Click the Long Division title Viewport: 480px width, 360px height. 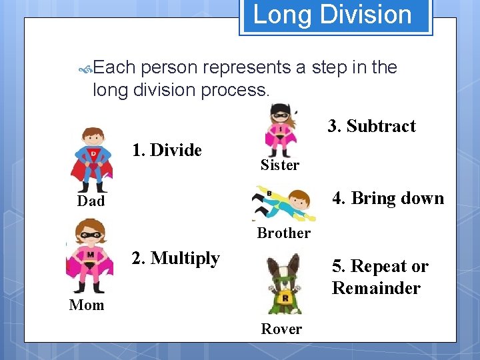pos(333,15)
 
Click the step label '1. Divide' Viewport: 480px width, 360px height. pos(167,150)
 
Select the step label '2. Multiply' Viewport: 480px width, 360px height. pos(175,258)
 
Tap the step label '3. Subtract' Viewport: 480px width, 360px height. pos(371,126)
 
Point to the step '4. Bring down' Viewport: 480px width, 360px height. pos(388,198)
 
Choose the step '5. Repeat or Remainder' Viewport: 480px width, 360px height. pos(380,277)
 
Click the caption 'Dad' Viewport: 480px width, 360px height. pos(91,201)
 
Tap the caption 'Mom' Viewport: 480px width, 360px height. pos(87,305)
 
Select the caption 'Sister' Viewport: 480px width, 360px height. pos(280,165)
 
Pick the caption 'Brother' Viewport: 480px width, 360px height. pos(283,233)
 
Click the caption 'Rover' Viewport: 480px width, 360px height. pos(281,329)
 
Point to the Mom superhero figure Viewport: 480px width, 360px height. pos(89,257)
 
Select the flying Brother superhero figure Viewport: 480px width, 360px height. pos(281,203)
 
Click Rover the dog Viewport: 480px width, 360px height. pos(283,283)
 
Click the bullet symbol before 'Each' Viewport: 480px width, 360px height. pos(85,68)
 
